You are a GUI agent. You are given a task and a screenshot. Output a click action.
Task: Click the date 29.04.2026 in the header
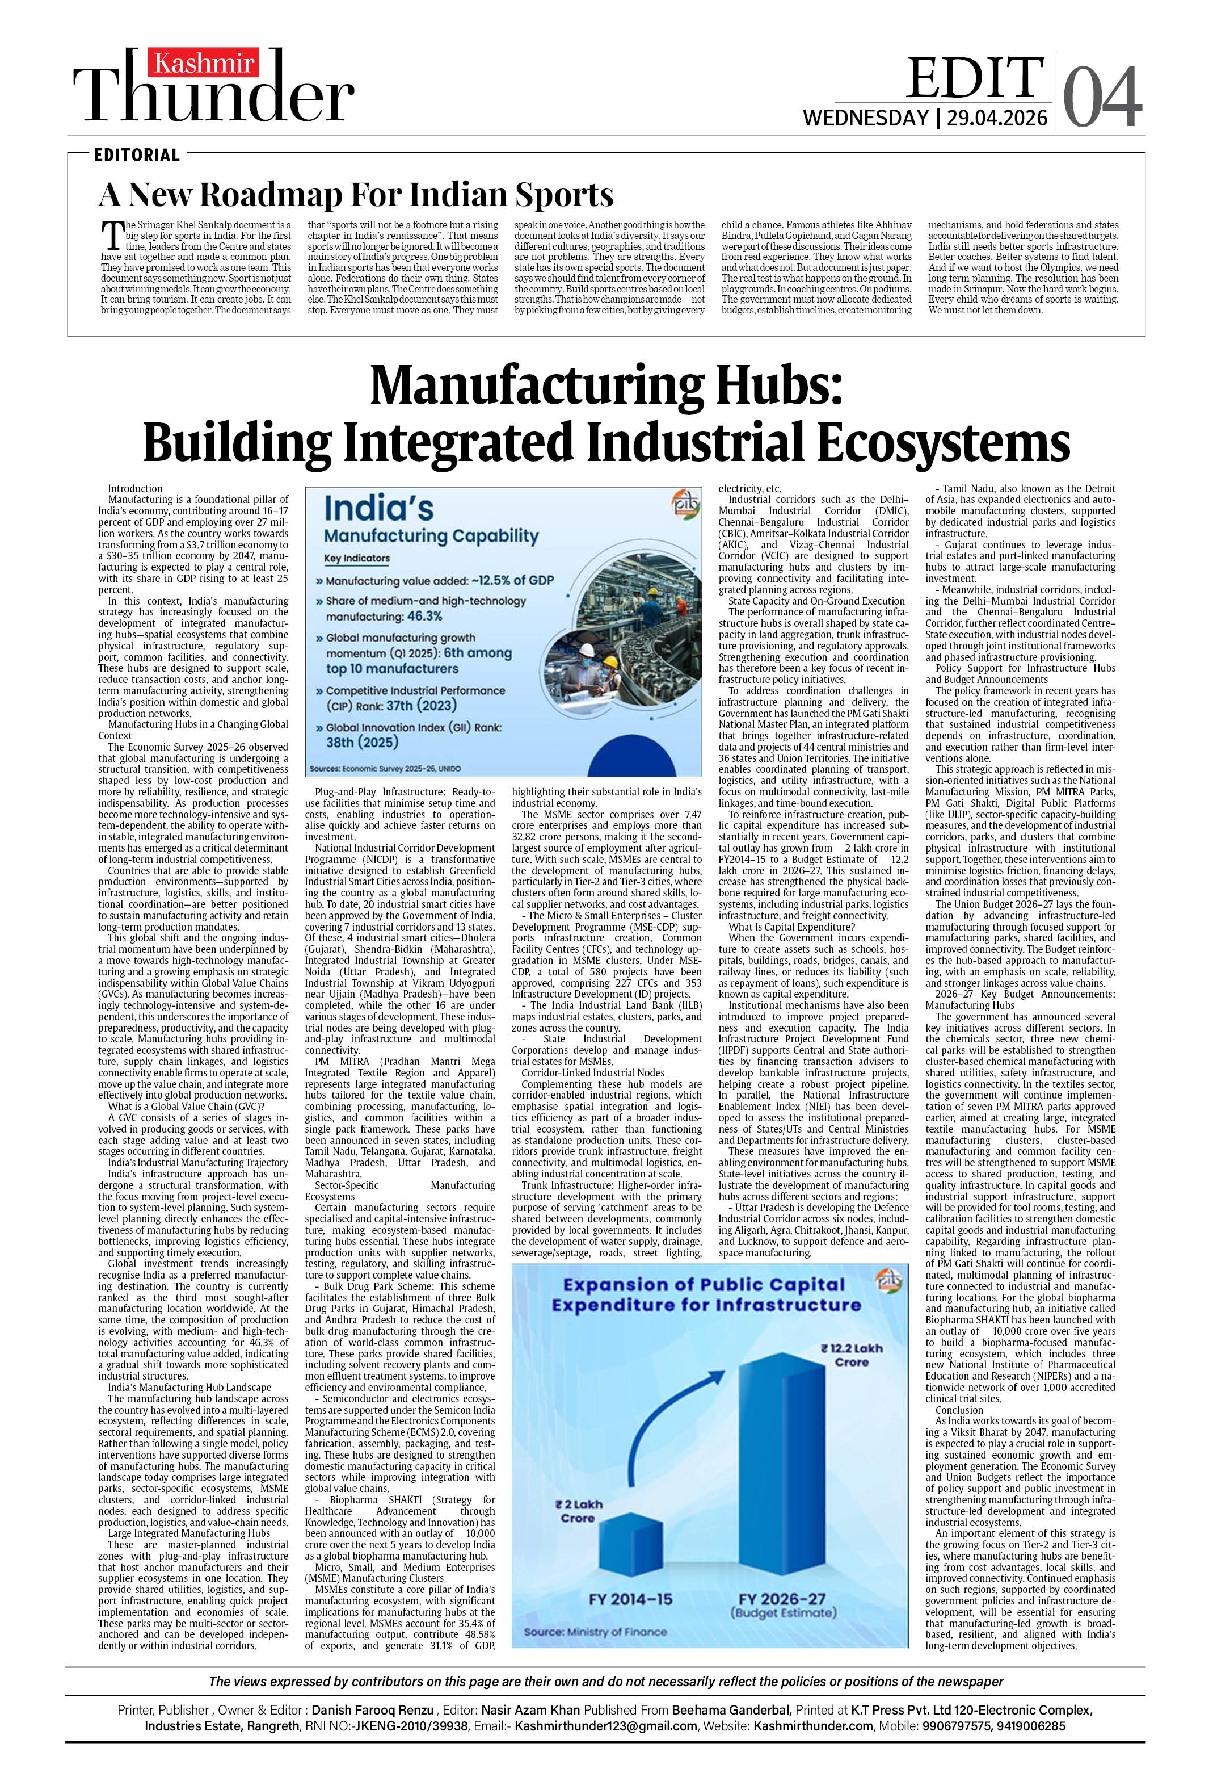pos(997,119)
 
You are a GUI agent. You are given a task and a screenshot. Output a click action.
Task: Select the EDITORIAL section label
pos(137,155)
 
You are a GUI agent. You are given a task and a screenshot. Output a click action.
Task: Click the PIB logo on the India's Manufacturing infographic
pos(684,504)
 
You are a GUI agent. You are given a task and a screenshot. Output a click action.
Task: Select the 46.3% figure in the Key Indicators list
pos(424,617)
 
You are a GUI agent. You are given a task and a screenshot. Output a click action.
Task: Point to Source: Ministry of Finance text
pos(595,1632)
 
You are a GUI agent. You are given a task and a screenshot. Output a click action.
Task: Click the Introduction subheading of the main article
pos(135,489)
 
